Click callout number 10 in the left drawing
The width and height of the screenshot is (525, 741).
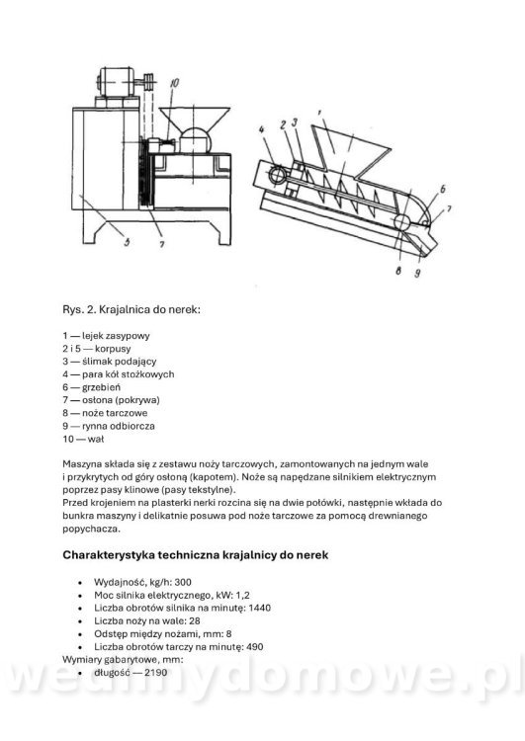(x=174, y=85)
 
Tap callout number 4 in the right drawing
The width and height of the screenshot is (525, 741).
(x=262, y=128)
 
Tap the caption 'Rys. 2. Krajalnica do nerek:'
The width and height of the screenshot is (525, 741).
(x=131, y=309)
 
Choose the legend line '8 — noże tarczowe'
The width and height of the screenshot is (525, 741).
(x=105, y=412)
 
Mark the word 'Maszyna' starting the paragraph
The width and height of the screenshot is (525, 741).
(x=82, y=463)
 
